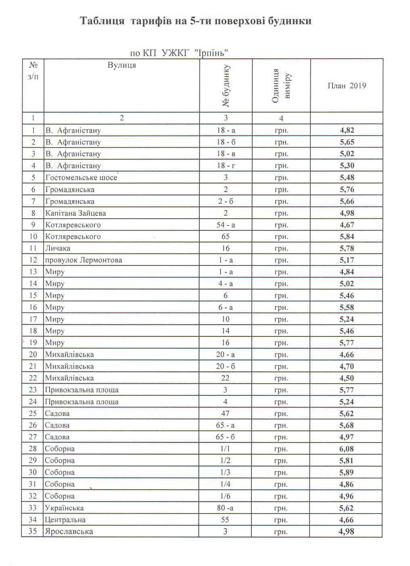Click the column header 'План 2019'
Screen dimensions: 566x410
[347, 86]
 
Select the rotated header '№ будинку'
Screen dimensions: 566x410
[226, 86]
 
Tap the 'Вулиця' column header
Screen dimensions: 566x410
[121, 65]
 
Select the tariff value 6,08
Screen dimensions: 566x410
[347, 449]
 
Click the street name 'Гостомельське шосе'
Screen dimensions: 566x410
[81, 178]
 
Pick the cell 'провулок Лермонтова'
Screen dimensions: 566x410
[84, 260]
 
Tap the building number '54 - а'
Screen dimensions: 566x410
[226, 225]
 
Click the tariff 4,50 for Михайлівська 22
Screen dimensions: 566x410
[347, 378]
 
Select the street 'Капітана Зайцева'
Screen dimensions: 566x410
[75, 213]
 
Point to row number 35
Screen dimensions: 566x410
[33, 531]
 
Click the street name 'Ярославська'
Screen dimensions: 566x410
[69, 531]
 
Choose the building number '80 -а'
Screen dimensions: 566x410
[225, 508]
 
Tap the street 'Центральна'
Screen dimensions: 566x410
[65, 520]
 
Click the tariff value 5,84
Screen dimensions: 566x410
[347, 236]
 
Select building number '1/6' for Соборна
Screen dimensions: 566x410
[225, 496]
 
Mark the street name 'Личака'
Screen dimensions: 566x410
[58, 248]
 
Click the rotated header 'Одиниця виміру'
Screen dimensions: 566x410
[281, 86]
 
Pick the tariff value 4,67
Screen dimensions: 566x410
[347, 225]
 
